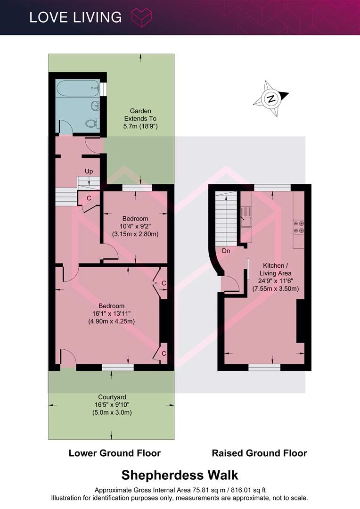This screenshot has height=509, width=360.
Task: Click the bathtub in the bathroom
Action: point(78,88)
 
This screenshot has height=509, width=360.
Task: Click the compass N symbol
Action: point(271,99)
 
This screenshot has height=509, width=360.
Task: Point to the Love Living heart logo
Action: point(141,17)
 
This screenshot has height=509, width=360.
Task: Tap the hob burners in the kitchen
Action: point(299,227)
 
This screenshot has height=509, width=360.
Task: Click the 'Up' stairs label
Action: point(89,171)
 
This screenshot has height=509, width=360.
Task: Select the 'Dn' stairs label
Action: point(226,251)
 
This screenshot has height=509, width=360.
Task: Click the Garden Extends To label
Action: point(140,118)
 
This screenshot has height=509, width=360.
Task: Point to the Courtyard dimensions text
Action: point(112,409)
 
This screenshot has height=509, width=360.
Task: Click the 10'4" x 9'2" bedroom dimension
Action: point(135,226)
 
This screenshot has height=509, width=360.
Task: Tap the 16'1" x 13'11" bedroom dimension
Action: point(112,313)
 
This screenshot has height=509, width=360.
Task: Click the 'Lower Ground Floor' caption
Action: point(115,453)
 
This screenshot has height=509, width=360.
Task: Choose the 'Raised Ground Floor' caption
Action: point(259,453)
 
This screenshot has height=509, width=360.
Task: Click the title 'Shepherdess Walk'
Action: point(180,475)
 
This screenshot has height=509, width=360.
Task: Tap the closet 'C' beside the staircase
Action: point(89,198)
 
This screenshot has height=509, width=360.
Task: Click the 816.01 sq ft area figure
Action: point(249,490)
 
